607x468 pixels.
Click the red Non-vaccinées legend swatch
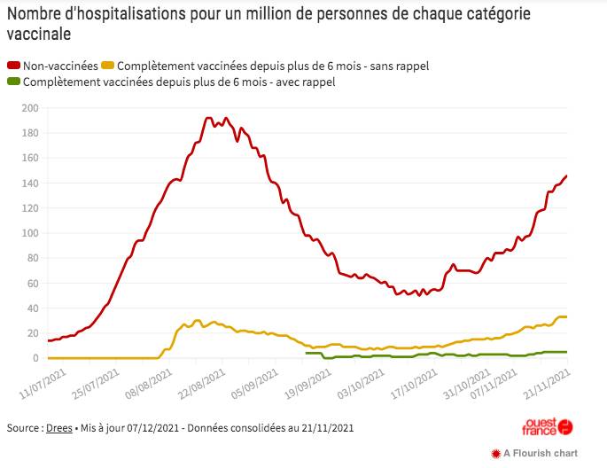coord(13,66)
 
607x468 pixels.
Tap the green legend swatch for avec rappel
coord(13,82)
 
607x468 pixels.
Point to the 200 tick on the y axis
coord(30,108)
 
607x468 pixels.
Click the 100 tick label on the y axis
coord(30,233)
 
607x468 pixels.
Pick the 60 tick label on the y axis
coord(33,284)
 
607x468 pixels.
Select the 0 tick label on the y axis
coord(36,358)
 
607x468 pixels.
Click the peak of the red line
coord(209,118)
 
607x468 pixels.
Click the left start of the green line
coord(306,353)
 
